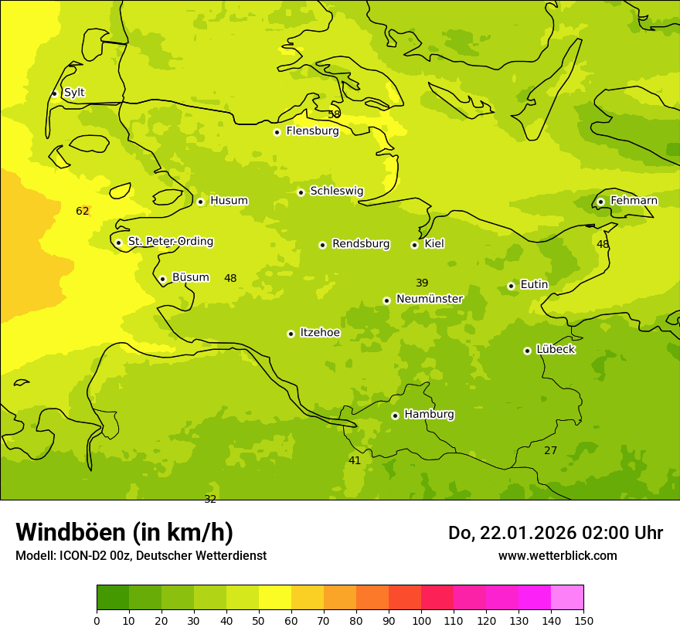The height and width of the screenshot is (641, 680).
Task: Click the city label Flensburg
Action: (312, 131)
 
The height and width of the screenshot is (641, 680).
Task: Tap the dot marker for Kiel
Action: (414, 245)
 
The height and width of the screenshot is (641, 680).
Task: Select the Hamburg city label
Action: (429, 415)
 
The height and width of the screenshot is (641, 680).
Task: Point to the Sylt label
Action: (74, 93)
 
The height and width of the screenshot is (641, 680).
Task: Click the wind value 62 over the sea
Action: (83, 211)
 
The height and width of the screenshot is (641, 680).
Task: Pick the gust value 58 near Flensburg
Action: (334, 114)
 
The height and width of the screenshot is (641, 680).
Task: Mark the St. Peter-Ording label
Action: (170, 242)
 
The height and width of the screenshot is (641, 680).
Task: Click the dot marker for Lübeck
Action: (527, 351)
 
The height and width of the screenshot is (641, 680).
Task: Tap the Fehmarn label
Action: (634, 201)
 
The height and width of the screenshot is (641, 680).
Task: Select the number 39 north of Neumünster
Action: (422, 283)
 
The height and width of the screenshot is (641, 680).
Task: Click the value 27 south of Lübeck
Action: (550, 450)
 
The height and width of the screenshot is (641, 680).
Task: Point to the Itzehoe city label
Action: (320, 333)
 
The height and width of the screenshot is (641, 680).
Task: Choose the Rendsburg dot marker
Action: (322, 245)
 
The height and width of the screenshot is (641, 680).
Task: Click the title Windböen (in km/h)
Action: (124, 532)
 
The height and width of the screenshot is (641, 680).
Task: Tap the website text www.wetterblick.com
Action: (557, 556)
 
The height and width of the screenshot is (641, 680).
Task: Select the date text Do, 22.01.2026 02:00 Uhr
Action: (555, 533)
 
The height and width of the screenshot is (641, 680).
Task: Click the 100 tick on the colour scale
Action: (421, 620)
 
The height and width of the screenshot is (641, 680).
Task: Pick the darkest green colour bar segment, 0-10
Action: (113, 598)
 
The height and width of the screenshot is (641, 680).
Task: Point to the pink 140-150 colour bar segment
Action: (567, 598)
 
